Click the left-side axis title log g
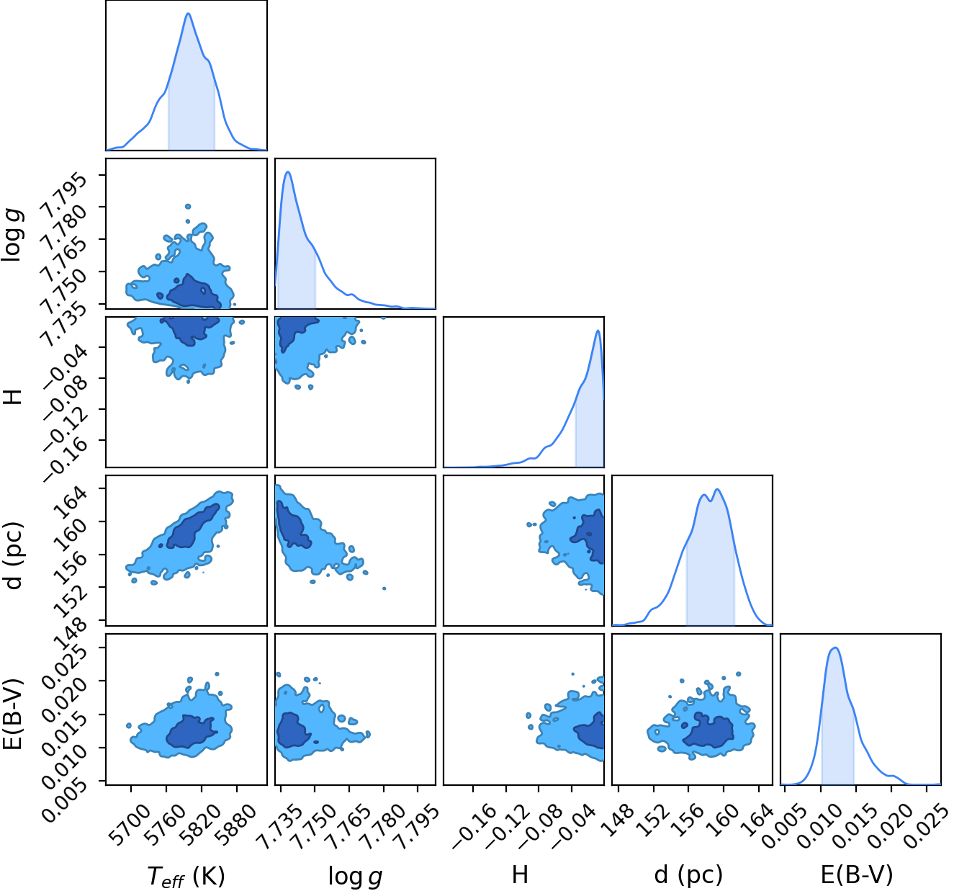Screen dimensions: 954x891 12,235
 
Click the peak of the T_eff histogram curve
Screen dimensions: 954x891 189,14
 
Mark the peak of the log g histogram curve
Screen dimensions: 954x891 288,172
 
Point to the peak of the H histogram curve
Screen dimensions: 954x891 598,331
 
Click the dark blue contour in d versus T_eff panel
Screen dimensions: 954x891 193,527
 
